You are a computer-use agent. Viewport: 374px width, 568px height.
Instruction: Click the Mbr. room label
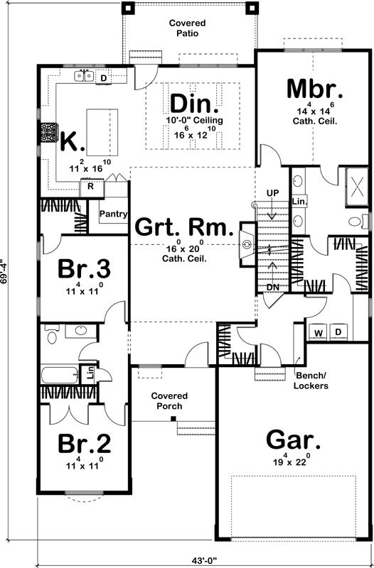click(315, 89)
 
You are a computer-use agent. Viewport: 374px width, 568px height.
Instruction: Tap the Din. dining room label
click(194, 104)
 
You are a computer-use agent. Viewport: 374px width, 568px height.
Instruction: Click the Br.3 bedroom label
click(84, 270)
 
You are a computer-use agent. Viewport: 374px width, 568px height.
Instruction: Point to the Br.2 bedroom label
click(84, 444)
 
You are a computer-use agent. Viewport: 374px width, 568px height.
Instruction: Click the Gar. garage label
click(293, 439)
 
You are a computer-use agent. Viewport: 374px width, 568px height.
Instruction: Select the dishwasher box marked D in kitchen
click(103, 77)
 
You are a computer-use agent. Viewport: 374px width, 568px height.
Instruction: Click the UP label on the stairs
click(273, 193)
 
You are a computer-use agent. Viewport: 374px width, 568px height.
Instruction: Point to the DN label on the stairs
click(272, 286)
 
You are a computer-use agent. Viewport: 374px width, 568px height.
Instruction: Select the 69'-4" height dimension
click(6, 270)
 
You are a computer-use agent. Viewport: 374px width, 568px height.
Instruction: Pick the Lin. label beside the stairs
click(299, 202)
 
